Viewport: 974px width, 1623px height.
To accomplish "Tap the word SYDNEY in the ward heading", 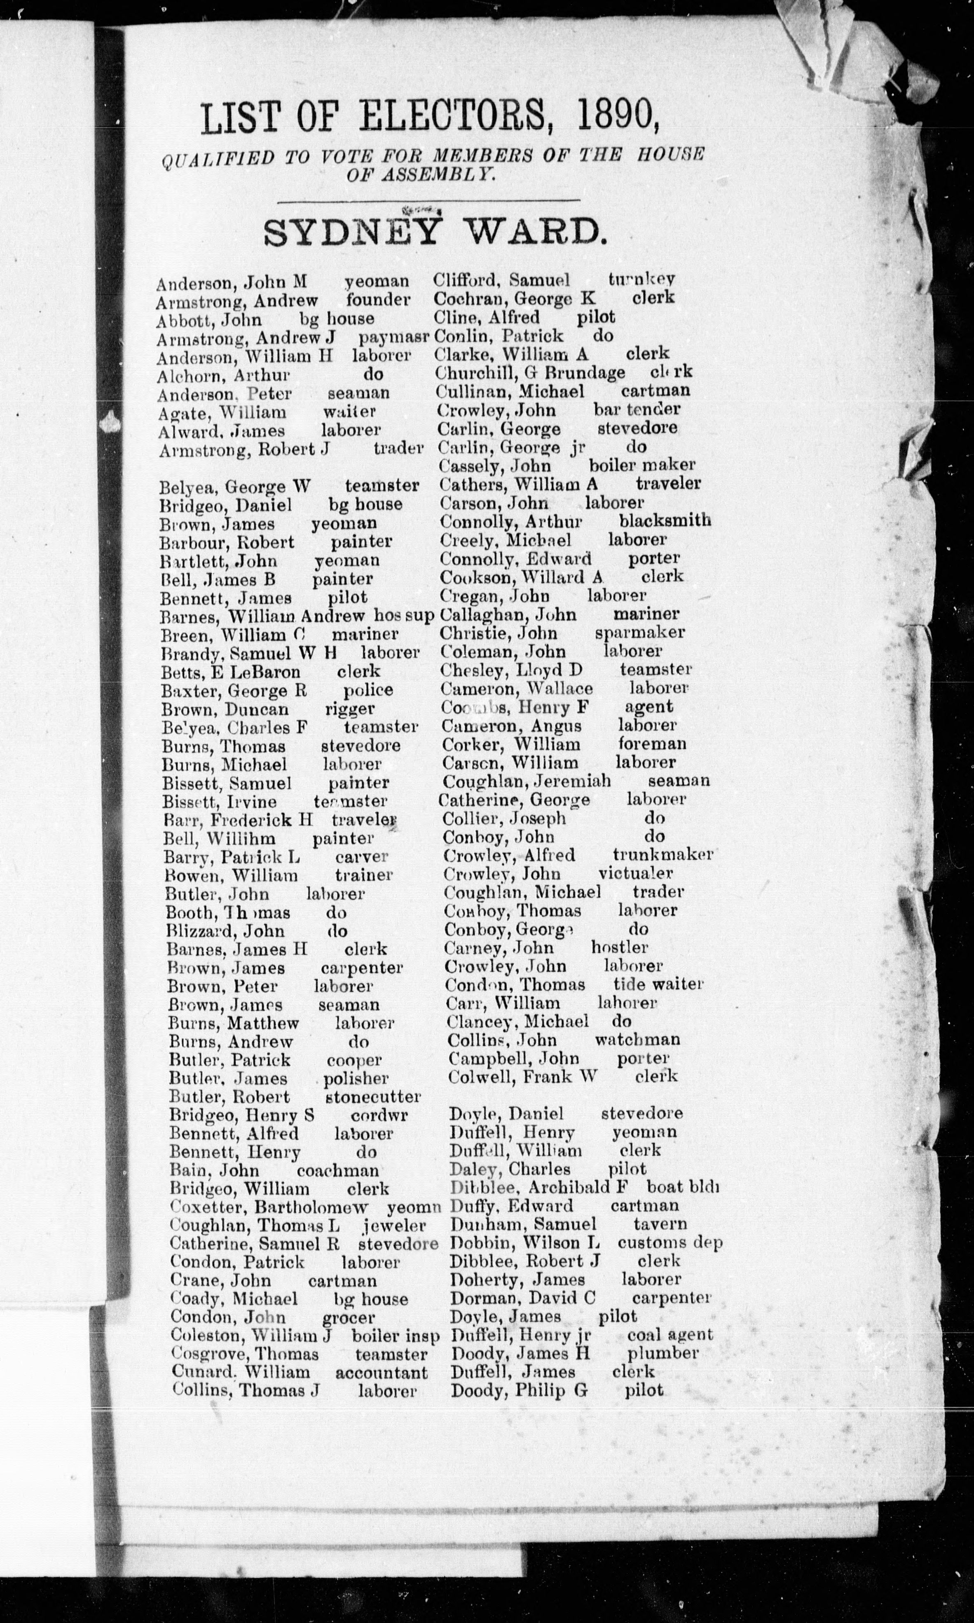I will click(x=351, y=231).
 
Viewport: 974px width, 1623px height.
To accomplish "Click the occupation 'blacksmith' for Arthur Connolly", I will click(x=665, y=520).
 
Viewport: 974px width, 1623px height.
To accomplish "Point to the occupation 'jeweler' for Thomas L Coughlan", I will click(x=394, y=1225).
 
